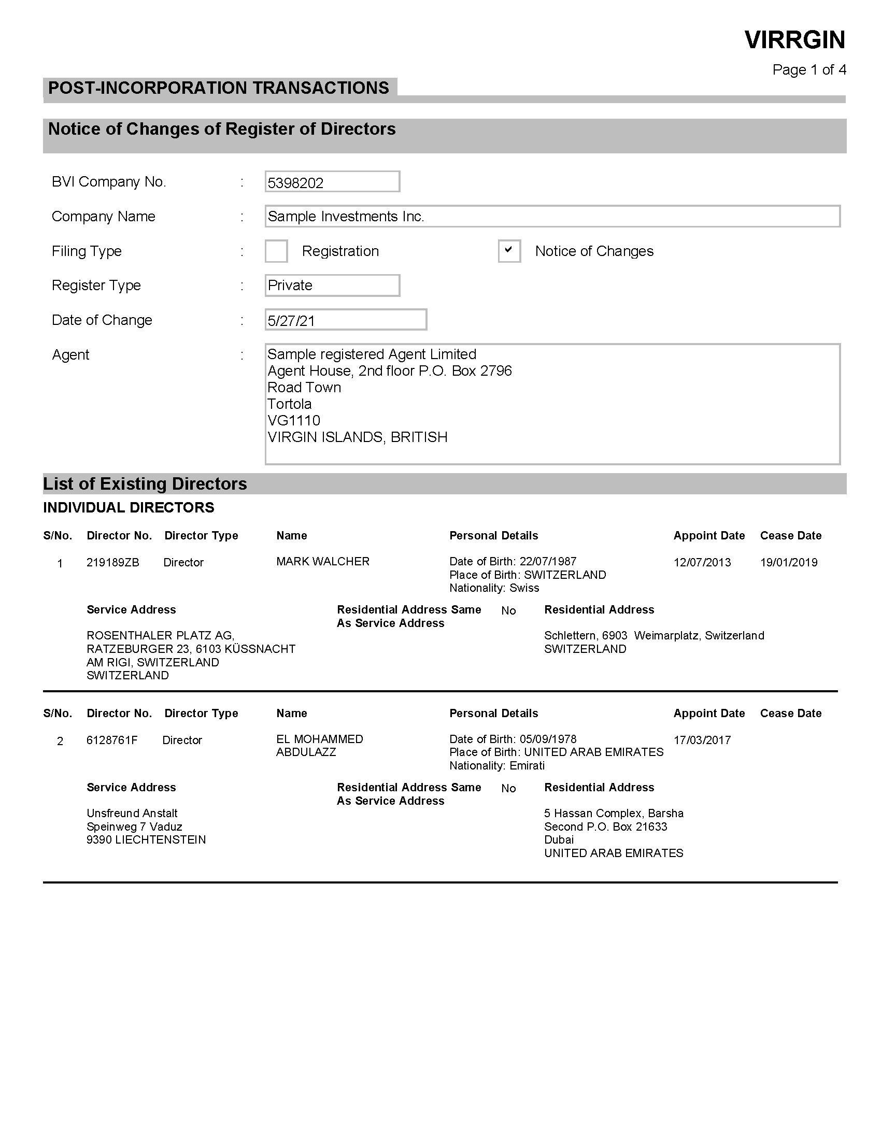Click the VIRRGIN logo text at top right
pos(794,40)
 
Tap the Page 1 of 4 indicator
pos(808,70)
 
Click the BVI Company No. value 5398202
pos(295,183)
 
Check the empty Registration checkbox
pos(276,251)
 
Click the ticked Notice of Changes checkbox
pos(509,251)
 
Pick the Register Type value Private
pos(290,286)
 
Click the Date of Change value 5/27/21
pos(291,320)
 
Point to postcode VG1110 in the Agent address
pos(294,421)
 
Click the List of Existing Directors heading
pos(145,484)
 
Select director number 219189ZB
pos(113,563)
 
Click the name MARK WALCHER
pos(322,562)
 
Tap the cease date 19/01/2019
pos(788,563)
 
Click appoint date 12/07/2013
pos(702,563)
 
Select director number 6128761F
pos(112,740)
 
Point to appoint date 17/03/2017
pos(702,740)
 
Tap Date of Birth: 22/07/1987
pos(513,562)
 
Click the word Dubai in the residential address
pos(559,840)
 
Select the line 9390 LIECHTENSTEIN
pos(146,840)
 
